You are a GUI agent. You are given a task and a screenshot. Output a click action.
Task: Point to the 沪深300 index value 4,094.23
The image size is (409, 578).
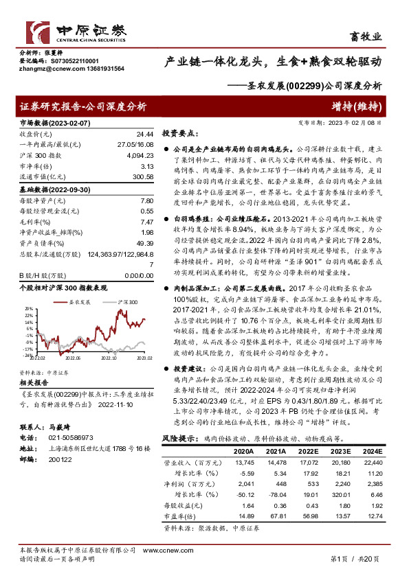click(x=138, y=156)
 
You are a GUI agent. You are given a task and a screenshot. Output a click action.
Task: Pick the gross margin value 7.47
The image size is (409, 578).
click(x=146, y=221)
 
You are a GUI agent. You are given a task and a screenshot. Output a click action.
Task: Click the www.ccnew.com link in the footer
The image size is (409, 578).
click(x=160, y=551)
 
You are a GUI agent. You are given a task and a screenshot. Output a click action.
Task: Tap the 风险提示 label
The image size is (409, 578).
click(x=177, y=437)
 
